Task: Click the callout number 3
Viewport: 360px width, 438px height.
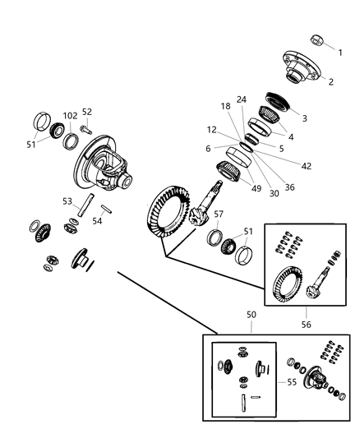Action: (304, 118)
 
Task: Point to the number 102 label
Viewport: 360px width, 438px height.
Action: (70, 115)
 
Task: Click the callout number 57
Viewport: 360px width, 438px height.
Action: (219, 214)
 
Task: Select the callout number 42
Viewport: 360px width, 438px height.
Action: (306, 165)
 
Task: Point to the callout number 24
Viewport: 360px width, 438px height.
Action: (241, 99)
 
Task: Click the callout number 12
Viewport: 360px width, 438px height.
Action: (212, 130)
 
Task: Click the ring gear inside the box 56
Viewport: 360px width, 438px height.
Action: (288, 287)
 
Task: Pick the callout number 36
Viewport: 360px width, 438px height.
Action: (290, 186)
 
